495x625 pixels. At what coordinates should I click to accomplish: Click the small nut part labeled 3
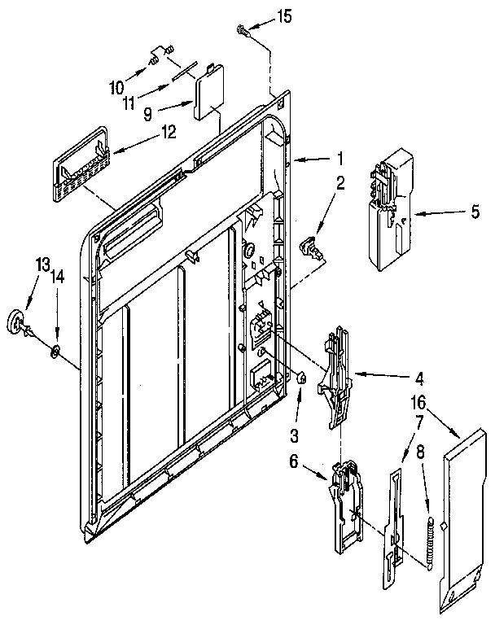[x=300, y=377]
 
